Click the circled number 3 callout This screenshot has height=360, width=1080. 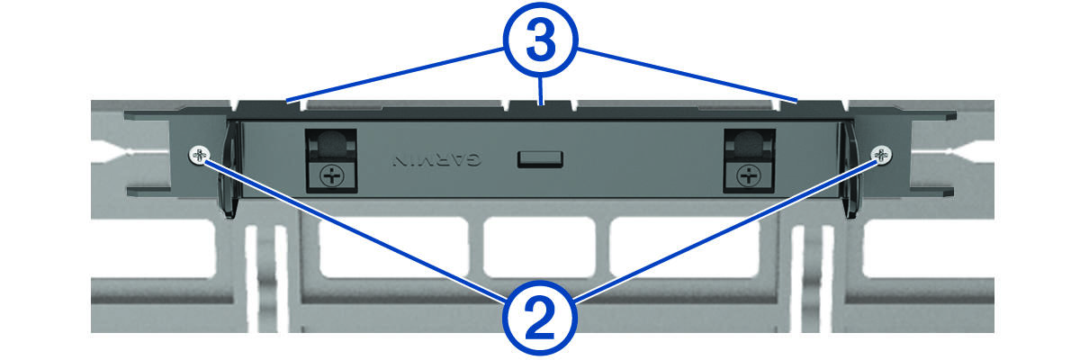pyautogui.click(x=541, y=40)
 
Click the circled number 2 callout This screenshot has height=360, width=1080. pyautogui.click(x=539, y=318)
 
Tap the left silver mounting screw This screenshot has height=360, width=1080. pyautogui.click(x=199, y=155)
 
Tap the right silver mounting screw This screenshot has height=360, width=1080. pyautogui.click(x=881, y=155)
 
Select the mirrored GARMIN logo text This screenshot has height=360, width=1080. pyautogui.click(x=436, y=160)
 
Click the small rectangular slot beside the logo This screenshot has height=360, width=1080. pyautogui.click(x=540, y=159)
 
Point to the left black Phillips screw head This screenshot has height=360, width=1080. pyautogui.click(x=332, y=175)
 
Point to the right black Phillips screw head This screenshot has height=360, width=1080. pyautogui.click(x=749, y=175)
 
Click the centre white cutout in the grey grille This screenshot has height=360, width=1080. pyautogui.click(x=540, y=247)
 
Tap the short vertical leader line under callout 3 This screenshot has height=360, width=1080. pyautogui.click(x=542, y=91)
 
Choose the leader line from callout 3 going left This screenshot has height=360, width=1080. pyautogui.click(x=395, y=75)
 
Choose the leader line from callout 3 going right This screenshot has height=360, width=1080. pyautogui.click(x=687, y=75)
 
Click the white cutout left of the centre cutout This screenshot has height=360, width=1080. pyautogui.click(x=393, y=247)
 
